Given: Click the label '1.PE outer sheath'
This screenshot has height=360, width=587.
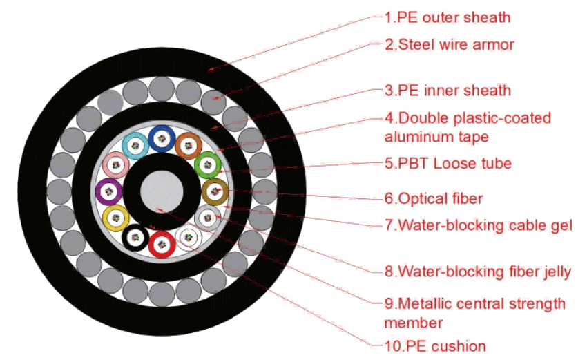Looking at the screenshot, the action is point(448,17).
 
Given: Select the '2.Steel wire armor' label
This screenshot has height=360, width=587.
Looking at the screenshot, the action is point(450,45).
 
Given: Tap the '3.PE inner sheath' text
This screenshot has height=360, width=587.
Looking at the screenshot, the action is point(448,91).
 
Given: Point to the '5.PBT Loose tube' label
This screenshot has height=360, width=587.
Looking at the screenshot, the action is point(448,163).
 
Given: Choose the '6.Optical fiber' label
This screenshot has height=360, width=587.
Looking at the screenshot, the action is point(434,198).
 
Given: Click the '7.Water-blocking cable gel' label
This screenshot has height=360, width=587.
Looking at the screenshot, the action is point(479,225).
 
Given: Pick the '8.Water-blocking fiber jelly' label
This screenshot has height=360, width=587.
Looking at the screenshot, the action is point(478,272).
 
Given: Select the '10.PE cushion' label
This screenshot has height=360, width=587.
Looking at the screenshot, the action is point(435,346).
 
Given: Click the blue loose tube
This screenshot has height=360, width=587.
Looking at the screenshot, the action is point(162,139).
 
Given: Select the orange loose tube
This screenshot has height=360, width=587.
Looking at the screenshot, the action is point(189,146).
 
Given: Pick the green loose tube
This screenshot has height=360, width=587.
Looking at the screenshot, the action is point(208,165).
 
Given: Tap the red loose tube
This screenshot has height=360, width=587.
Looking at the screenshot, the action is point(162,245).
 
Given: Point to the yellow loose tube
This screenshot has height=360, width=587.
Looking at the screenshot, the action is point(116,218).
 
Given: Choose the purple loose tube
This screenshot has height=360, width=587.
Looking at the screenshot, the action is point(108,192).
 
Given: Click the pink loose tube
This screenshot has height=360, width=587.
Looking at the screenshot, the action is point(116,165).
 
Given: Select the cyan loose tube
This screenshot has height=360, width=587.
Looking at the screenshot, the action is point(135,146).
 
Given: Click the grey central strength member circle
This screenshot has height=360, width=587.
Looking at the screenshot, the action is point(162,191).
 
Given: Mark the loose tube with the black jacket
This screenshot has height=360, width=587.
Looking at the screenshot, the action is point(135,238).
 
